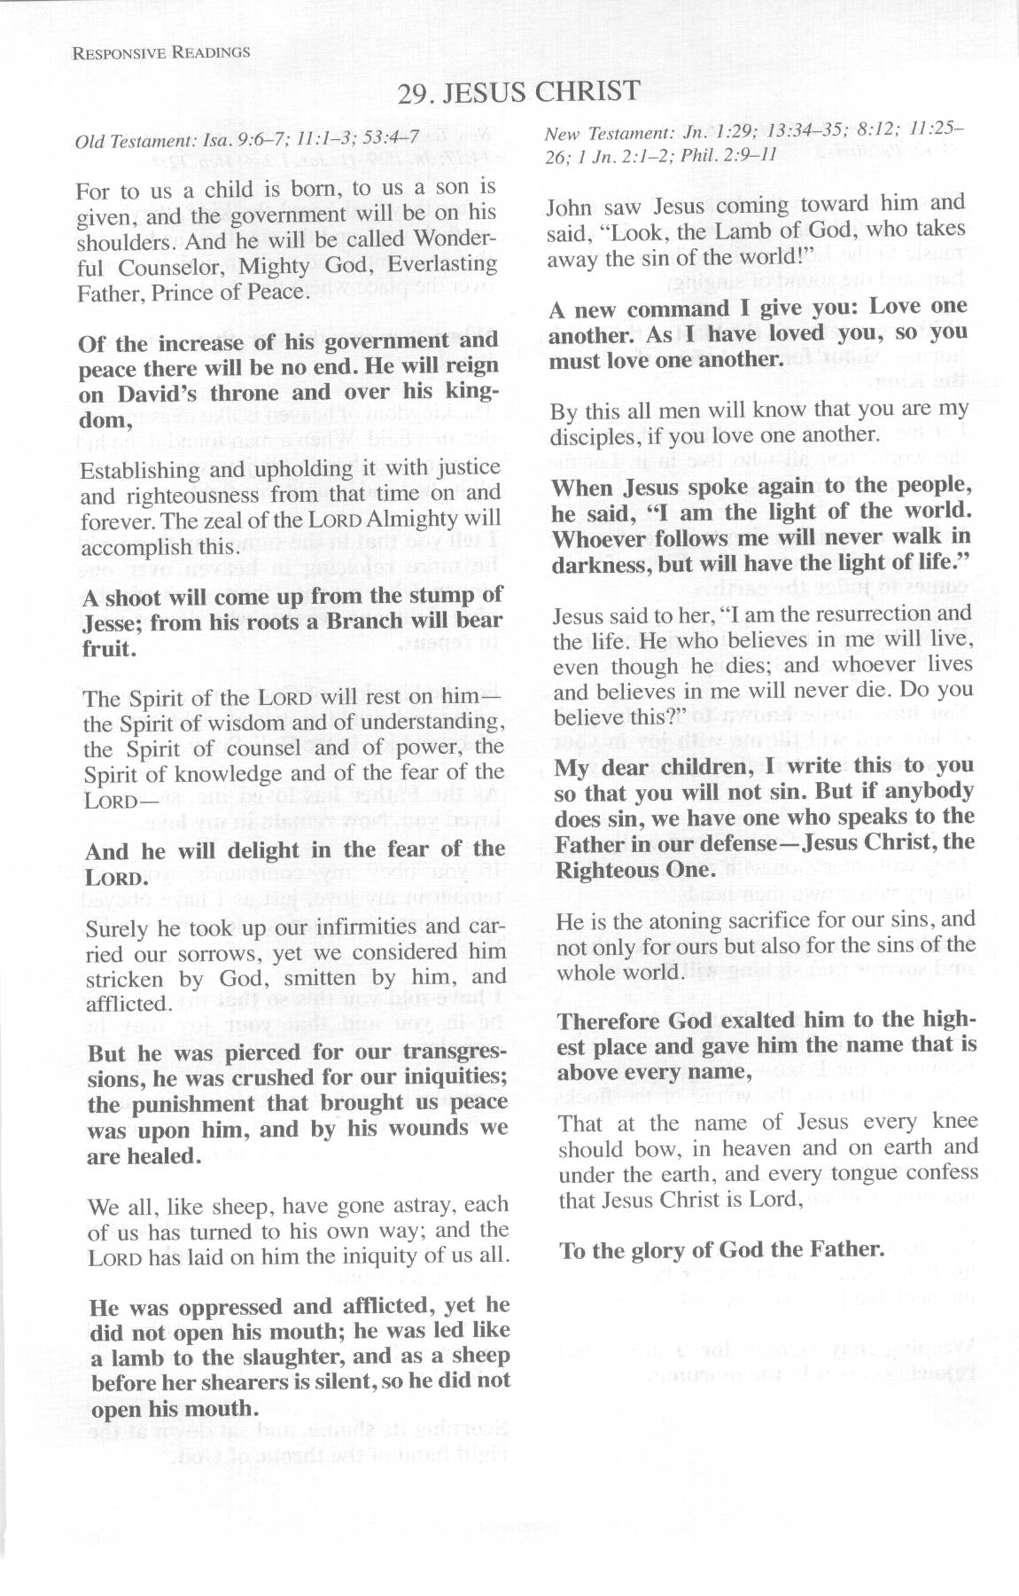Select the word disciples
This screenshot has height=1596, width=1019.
(593, 435)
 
